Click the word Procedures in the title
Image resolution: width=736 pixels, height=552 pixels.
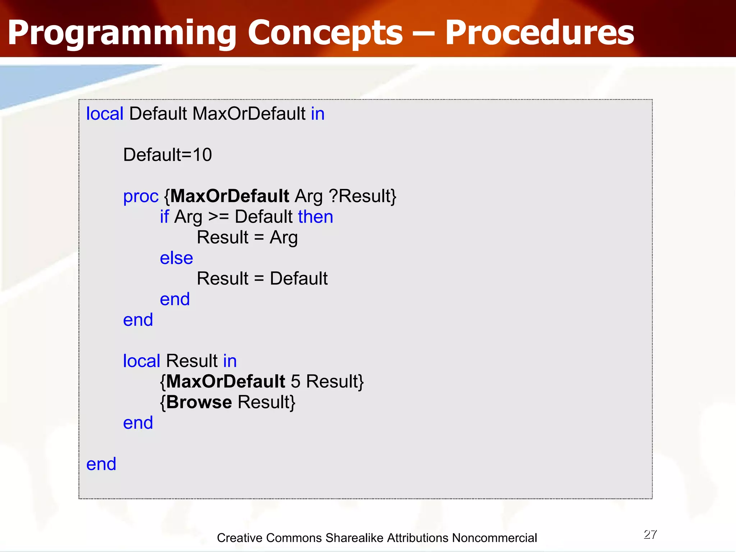[539, 33]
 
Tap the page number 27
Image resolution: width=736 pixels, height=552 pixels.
[650, 534]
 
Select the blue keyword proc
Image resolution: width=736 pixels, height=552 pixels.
[141, 197]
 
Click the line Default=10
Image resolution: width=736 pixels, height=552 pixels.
[167, 155]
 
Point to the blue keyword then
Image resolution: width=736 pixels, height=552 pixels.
[315, 217]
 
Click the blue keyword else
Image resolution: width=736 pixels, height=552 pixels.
[176, 258]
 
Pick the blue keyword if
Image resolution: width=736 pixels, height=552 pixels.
[164, 217]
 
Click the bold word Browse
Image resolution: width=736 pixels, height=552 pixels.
[199, 402]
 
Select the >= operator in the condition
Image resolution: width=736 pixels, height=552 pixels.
[218, 217]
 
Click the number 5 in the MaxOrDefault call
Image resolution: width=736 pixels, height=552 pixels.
[295, 381]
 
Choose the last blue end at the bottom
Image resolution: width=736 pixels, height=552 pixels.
[101, 464]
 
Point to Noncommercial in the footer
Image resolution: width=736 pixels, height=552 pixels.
[494, 538]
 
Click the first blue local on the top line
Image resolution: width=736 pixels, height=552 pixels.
[105, 114]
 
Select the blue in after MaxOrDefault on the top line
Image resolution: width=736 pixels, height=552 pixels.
[318, 114]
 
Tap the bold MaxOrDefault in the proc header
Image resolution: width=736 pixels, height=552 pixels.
[230, 196]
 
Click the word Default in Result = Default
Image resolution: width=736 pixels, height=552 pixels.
[298, 279]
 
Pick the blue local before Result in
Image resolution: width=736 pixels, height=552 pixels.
[141, 361]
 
